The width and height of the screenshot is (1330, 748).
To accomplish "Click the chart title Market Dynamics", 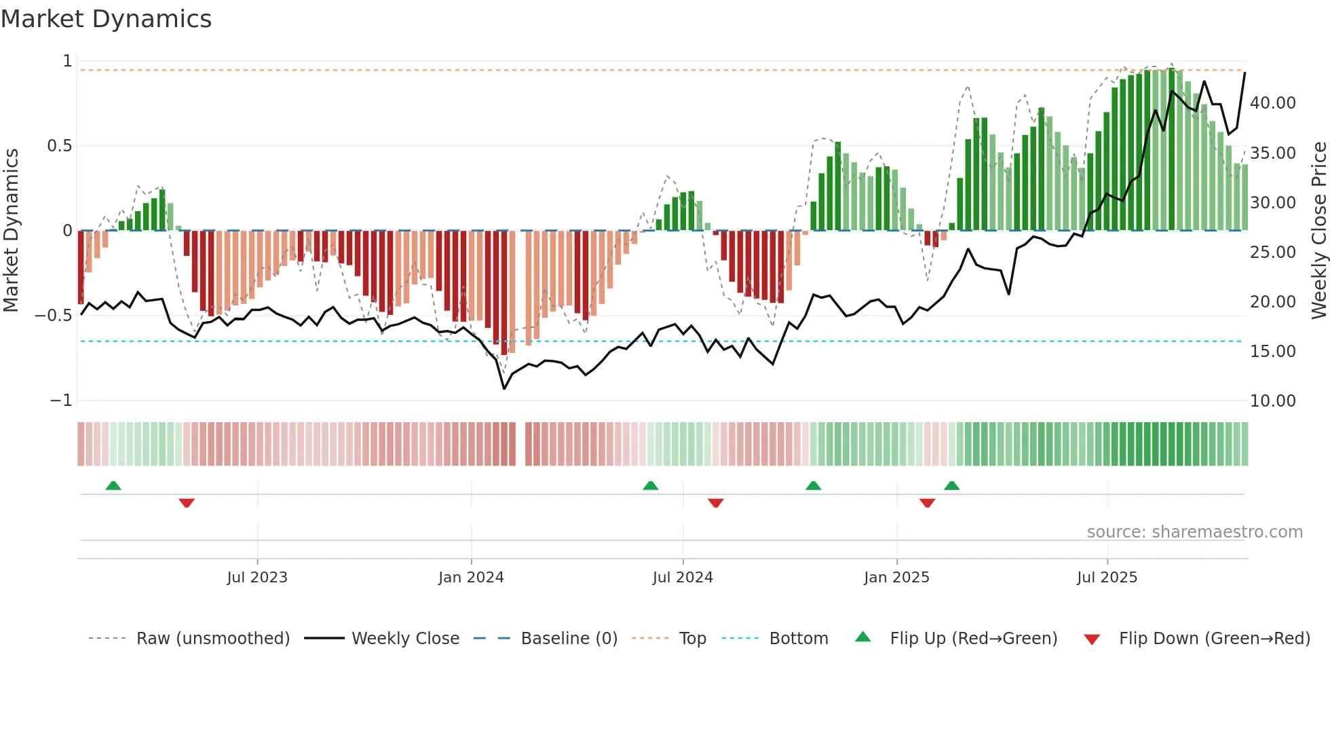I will click(x=106, y=19).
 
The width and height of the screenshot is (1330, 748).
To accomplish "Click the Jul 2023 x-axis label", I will click(x=257, y=578).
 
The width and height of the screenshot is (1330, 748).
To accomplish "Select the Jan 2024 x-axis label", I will click(x=471, y=578).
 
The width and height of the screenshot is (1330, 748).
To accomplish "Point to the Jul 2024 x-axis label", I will click(x=683, y=578).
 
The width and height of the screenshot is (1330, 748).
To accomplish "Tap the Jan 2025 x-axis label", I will click(x=896, y=578).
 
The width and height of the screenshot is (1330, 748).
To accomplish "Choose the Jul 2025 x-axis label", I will click(x=1107, y=578).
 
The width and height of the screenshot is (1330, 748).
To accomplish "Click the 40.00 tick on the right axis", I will click(x=1272, y=103).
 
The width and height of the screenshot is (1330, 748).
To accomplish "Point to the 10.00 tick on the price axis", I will click(x=1272, y=401).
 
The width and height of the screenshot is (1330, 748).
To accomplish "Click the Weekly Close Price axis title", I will click(x=1318, y=231).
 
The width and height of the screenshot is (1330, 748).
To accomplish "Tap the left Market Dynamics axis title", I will click(x=11, y=231).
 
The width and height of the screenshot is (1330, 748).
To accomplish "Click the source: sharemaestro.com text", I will click(x=1194, y=532).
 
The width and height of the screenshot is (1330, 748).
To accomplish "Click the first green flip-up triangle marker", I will click(x=113, y=485).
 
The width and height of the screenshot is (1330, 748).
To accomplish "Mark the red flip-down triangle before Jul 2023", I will click(x=187, y=503).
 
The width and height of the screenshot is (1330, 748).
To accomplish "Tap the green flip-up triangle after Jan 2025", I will click(x=951, y=485).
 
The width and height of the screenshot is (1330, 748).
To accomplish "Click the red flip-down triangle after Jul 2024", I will click(x=715, y=503).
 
